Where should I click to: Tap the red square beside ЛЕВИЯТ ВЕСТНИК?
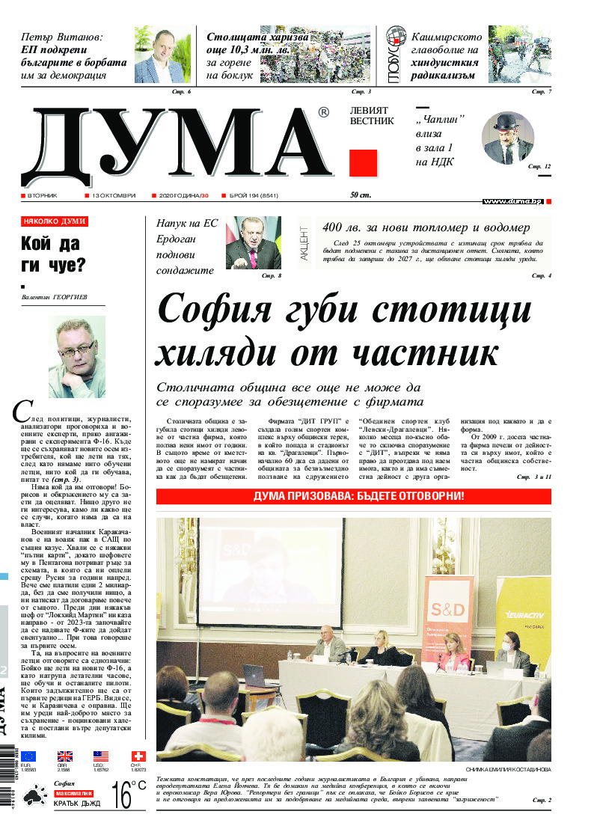coord(363,162)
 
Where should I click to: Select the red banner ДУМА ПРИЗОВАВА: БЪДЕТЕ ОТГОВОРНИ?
coord(354,497)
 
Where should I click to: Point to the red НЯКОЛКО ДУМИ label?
coord(55,221)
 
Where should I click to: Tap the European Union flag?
coord(28,756)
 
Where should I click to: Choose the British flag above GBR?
coord(65,756)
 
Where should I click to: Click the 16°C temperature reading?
coord(128,795)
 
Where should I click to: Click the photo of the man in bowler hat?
coord(508,138)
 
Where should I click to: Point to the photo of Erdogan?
coord(253,242)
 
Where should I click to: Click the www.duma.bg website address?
coord(512,201)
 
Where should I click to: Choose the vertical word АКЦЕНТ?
coord(304,243)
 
